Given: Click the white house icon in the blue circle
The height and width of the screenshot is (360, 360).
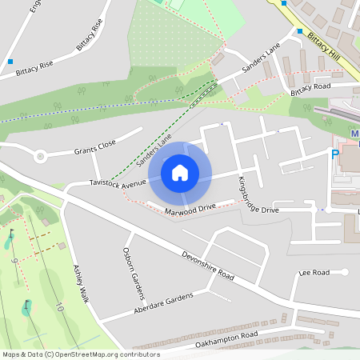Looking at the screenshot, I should coord(179,172).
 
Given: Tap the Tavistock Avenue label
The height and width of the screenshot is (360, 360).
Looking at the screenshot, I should coord(118,183).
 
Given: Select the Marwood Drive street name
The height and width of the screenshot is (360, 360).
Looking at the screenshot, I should coord(190,210).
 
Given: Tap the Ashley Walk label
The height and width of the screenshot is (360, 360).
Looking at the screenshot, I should coord(80,284).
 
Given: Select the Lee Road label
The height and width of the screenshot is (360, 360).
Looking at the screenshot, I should coord(313,273).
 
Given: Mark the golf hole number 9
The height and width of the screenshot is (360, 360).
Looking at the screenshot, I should coord(14,260).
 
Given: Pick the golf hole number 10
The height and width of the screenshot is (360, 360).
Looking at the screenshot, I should coord(60,306).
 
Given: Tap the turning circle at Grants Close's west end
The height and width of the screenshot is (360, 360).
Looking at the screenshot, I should coord(40,156).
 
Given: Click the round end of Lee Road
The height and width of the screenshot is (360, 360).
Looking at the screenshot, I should coord(345,272).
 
